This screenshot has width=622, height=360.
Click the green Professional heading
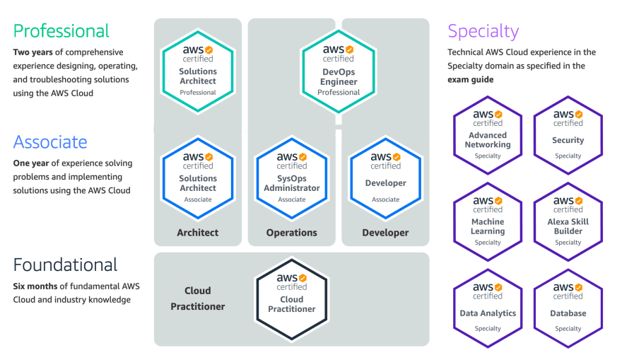61,31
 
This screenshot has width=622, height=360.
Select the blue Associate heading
50,141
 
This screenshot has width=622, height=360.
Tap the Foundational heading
66,265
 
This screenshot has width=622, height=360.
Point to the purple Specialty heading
483,31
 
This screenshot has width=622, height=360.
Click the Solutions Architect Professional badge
198,71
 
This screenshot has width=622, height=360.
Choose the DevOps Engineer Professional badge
339,71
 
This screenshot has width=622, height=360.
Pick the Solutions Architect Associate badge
198,178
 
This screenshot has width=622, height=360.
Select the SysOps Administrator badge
291,178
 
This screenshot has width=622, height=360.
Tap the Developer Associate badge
386,178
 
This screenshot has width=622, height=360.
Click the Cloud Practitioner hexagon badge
291,300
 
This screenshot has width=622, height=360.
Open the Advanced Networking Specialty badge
488,135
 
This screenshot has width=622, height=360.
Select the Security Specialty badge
568,135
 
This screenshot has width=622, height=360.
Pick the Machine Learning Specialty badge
488,222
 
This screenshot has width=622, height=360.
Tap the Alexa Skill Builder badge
568,222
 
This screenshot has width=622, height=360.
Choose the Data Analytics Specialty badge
488,308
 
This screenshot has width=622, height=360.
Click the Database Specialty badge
568,308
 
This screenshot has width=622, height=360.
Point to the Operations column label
291,233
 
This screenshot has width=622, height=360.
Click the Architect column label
197,233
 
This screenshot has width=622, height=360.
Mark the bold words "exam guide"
471,80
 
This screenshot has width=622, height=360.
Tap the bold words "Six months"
35,286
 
